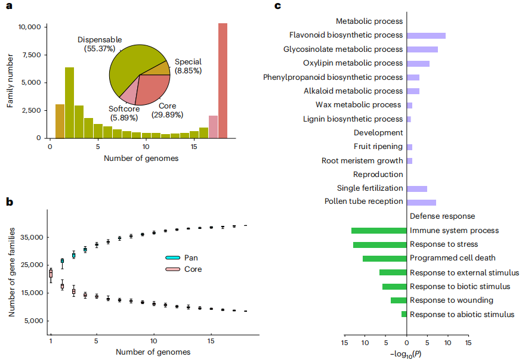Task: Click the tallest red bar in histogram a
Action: (x=223, y=80)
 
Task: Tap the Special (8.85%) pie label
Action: (x=188, y=66)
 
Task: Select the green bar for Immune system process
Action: (x=379, y=231)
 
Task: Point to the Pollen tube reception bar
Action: (x=421, y=202)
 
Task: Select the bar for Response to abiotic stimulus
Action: (x=404, y=314)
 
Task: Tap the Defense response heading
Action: (x=442, y=216)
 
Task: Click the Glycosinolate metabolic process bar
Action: (x=422, y=49)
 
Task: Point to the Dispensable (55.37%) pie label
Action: (x=100, y=44)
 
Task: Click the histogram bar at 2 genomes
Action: (x=69, y=103)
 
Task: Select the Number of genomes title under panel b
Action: (x=153, y=352)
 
